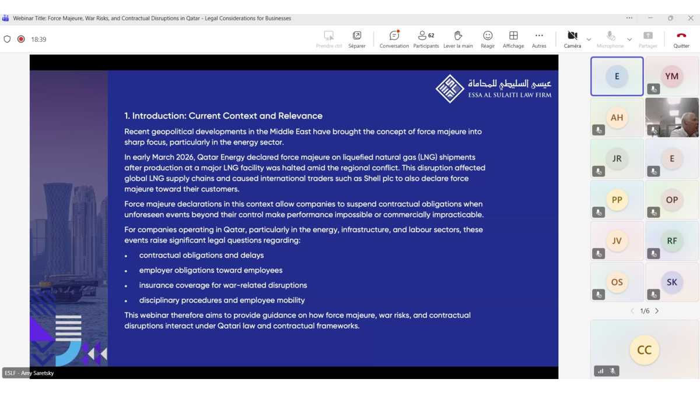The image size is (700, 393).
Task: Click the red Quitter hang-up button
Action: pyautogui.click(x=681, y=36)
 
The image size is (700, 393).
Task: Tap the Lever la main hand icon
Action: pyautogui.click(x=458, y=36)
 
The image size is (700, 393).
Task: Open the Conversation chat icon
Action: pyautogui.click(x=394, y=36)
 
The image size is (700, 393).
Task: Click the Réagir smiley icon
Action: pyautogui.click(x=488, y=36)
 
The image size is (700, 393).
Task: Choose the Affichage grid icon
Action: pyautogui.click(x=513, y=36)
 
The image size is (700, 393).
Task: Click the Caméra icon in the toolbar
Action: pyautogui.click(x=572, y=36)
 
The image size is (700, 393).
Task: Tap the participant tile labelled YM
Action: pyautogui.click(x=671, y=76)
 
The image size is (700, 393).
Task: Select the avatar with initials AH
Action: pyautogui.click(x=617, y=118)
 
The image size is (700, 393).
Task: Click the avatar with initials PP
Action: pyautogui.click(x=617, y=200)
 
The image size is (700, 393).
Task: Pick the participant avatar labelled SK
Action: pyautogui.click(x=671, y=282)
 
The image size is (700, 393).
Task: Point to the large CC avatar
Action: pyautogui.click(x=644, y=350)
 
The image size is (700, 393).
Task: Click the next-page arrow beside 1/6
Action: pyautogui.click(x=657, y=311)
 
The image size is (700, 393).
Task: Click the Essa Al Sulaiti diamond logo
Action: pyautogui.click(x=450, y=88)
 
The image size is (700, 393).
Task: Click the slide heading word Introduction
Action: pyautogui.click(x=158, y=116)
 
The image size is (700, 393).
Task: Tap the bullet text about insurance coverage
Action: pyautogui.click(x=223, y=285)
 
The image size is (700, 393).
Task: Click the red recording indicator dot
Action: pyautogui.click(x=21, y=39)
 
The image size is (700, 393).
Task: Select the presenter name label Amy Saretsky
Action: pyautogui.click(x=37, y=373)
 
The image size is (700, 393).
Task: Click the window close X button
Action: pyautogui.click(x=691, y=18)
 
